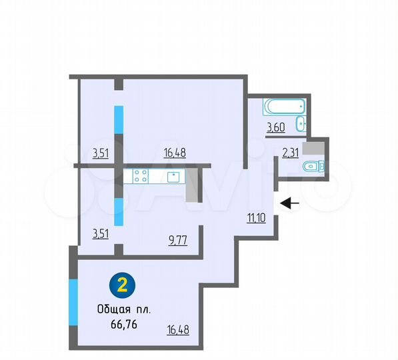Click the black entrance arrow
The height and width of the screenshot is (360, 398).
(290, 203)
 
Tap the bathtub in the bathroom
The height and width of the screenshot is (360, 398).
(284, 105)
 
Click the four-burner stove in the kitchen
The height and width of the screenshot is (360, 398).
(140, 176)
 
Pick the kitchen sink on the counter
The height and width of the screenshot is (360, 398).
(173, 176)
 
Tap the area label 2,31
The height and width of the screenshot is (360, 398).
(290, 153)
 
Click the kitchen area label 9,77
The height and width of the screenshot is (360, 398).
(177, 241)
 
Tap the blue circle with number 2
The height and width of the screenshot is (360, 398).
(122, 285)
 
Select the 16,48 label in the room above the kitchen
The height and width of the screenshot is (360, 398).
(175, 152)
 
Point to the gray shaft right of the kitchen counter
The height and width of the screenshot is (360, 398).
(193, 185)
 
